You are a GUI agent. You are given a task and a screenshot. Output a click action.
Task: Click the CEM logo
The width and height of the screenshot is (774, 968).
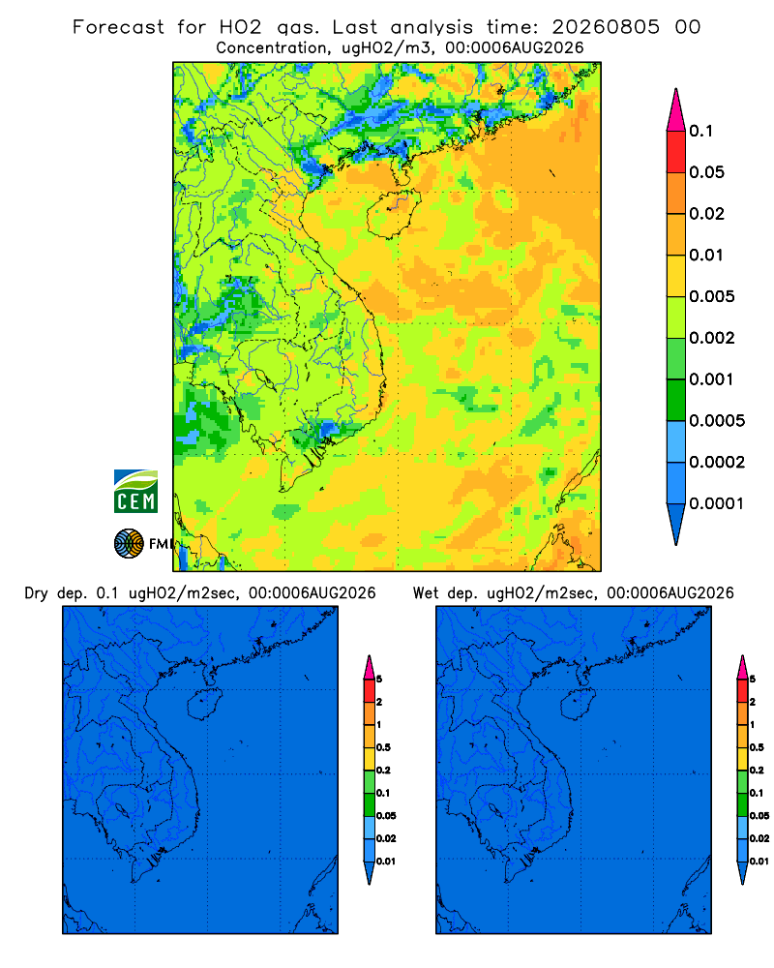point(135,491)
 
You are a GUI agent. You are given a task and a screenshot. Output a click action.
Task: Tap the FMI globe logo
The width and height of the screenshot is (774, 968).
point(129,544)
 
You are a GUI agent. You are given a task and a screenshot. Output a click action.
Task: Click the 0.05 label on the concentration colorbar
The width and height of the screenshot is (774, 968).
point(706,172)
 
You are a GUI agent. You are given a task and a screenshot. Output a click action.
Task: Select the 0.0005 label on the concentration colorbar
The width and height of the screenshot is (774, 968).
point(717,421)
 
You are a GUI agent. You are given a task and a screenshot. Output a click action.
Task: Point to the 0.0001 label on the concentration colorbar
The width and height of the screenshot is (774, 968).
point(717,503)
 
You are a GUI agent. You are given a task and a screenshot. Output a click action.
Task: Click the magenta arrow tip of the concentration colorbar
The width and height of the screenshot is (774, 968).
point(676,110)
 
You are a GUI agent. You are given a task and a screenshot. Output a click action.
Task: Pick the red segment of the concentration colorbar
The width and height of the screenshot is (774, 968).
point(676,152)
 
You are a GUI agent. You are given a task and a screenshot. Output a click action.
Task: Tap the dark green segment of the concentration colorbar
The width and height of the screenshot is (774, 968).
point(676,400)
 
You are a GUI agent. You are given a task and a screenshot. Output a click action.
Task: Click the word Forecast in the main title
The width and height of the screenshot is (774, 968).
point(118,27)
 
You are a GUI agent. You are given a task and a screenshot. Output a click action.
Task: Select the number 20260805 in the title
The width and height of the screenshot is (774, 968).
point(606,27)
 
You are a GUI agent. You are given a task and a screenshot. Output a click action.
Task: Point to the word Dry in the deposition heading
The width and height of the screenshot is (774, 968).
point(36,593)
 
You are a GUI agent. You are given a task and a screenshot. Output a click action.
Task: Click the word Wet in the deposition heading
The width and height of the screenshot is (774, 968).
point(425,593)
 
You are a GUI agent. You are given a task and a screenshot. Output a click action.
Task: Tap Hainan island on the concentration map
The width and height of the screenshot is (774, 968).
point(393,214)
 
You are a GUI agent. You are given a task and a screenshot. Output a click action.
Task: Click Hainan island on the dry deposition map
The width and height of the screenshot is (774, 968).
point(204,705)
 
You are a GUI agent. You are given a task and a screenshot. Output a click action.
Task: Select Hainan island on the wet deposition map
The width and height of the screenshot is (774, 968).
point(579,705)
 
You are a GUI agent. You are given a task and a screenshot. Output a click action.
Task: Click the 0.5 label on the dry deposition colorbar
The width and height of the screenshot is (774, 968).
point(383,747)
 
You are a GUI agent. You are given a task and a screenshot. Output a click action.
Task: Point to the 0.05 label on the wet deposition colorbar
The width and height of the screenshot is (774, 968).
point(759,816)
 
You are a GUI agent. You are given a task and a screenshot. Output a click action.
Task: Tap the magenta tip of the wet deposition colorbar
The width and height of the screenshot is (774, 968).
point(742,667)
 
